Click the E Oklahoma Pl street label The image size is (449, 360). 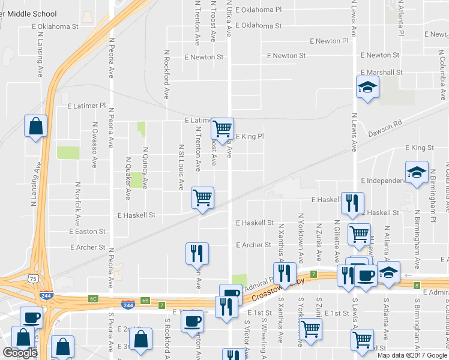click(258, 10)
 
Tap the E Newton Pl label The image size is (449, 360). click(329, 41)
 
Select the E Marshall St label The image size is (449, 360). click(381, 72)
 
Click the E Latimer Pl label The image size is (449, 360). click(86, 106)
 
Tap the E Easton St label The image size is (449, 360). click(87, 231)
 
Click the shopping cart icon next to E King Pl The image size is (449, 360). click(222, 128)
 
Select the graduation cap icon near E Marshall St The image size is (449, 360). click(367, 88)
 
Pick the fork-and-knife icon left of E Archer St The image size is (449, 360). click(197, 253)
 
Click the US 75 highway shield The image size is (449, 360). click(33, 279)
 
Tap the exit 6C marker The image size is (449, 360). click(92, 298)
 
